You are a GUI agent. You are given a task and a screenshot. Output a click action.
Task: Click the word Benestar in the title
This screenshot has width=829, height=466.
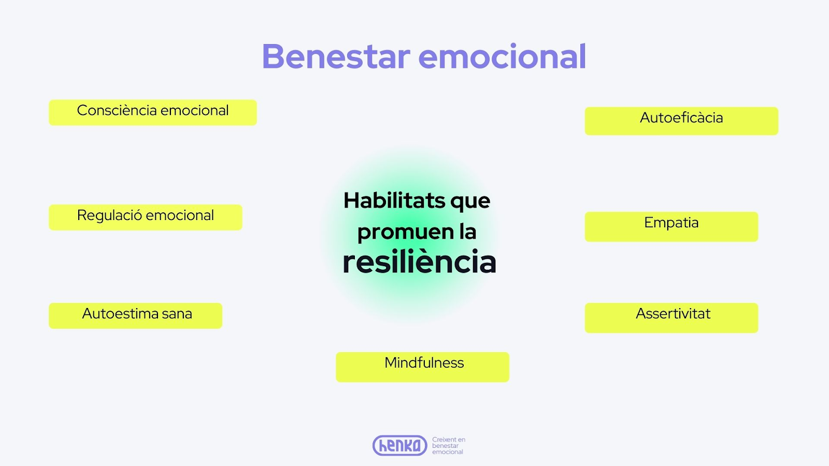point(336,56)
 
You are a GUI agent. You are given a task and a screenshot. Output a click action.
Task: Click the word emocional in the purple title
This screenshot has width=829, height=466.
point(502,56)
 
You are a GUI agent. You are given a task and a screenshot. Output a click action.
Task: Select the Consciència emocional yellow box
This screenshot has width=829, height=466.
point(153,112)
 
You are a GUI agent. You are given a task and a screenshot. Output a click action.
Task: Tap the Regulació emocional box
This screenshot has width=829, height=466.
point(146,217)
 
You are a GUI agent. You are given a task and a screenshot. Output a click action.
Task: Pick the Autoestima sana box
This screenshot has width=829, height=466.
point(135,316)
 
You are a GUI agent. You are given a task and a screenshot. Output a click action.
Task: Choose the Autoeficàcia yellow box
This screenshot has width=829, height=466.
point(681,121)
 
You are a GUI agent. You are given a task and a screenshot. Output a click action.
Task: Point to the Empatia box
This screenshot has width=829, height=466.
point(671,227)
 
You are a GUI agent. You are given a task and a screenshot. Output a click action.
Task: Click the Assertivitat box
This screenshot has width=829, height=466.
point(671,318)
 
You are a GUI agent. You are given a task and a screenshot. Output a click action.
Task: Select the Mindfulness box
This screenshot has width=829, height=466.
point(422,367)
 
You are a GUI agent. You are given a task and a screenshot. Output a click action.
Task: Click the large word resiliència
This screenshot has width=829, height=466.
point(419,262)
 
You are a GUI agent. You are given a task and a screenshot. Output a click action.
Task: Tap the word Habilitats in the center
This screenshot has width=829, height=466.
point(394,200)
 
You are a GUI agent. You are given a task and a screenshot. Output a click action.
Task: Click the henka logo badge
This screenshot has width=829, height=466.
point(399,445)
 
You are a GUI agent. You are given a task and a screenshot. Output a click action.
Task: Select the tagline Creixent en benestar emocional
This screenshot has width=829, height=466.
point(449,446)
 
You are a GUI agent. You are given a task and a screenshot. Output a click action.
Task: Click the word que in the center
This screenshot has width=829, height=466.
point(470,202)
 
